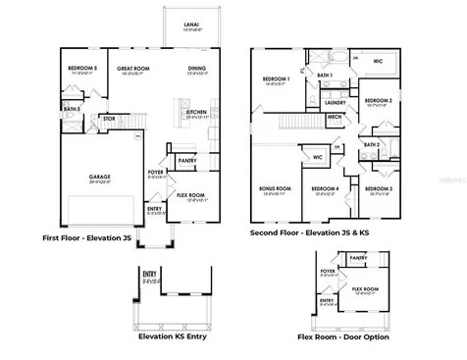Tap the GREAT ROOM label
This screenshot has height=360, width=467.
click(x=132, y=68)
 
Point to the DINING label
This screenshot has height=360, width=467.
click(x=197, y=68)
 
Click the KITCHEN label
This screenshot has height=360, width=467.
click(x=197, y=112)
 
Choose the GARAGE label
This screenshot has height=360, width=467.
click(x=100, y=177)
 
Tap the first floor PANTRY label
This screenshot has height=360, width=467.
click(x=186, y=159)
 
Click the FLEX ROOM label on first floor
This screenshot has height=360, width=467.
click(x=191, y=195)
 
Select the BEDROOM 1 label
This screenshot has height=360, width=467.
click(x=275, y=79)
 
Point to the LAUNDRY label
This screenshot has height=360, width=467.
click(x=335, y=102)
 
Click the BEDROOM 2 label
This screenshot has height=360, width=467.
click(x=379, y=100)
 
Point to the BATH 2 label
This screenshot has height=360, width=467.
click(x=372, y=144)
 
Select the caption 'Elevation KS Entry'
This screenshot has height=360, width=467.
click(x=175, y=335)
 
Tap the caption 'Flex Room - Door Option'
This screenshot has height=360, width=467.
click(x=343, y=336)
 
